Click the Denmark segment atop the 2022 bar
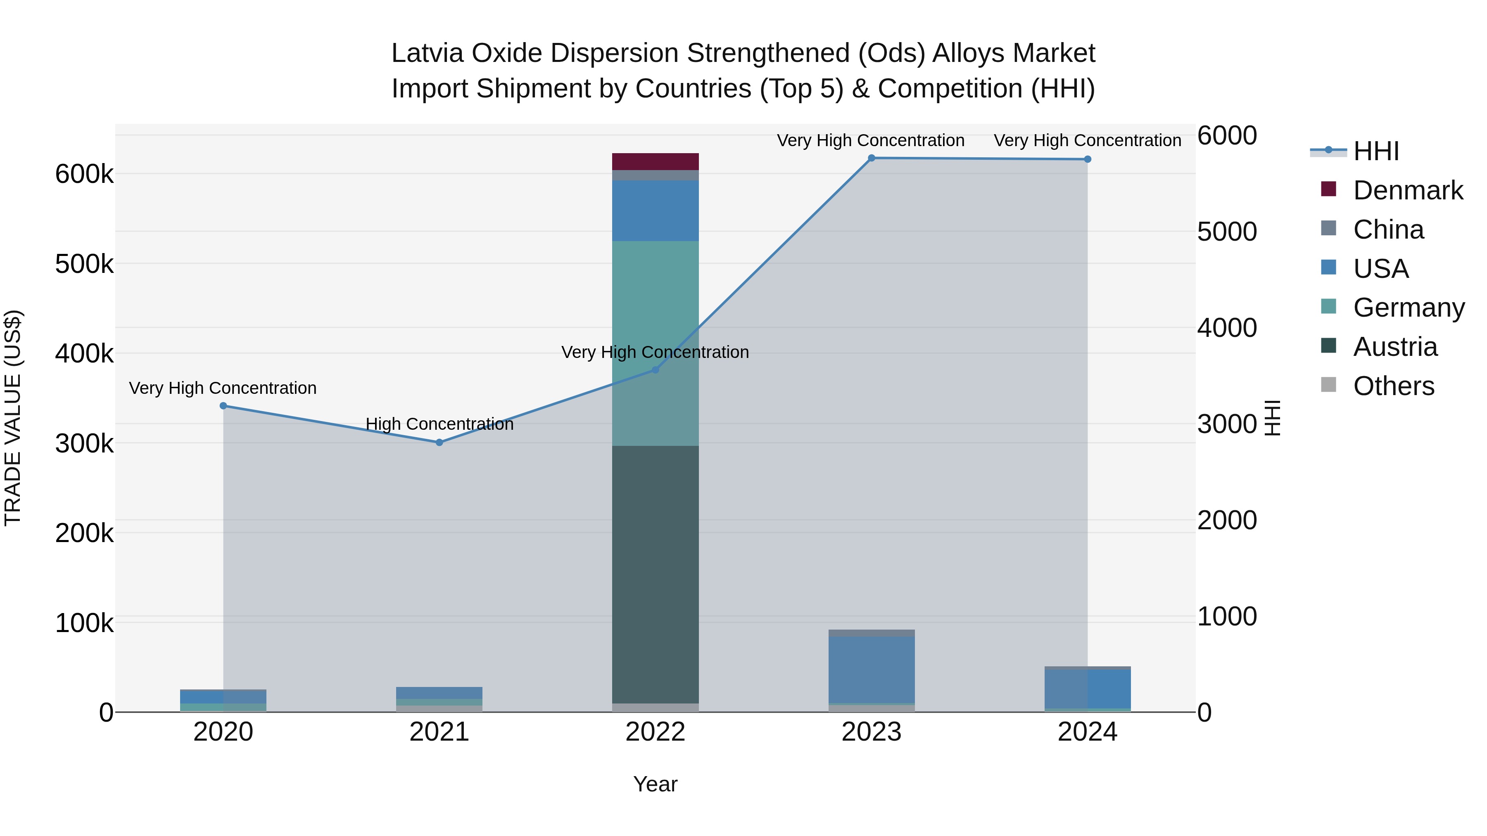pos(655,161)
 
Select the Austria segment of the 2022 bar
pos(655,574)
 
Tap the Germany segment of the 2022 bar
pos(655,343)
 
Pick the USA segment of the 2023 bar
pos(871,669)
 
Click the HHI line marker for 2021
pos(439,443)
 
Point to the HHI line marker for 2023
pos(872,158)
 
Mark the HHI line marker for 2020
pos(223,405)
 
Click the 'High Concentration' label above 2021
pos(439,424)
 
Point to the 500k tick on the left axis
pos(84,264)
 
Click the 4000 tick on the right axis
pos(1227,328)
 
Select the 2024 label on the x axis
pos(1087,732)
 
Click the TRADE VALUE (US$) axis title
pos(13,418)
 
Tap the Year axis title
pos(655,784)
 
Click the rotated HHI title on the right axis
pos(1272,418)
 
